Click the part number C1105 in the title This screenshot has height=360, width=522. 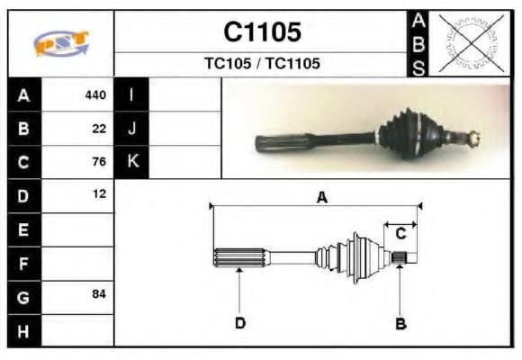(x=262, y=31)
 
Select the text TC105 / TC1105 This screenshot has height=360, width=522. (x=262, y=64)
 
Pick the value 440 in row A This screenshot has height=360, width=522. (x=94, y=95)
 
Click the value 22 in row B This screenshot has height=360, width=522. (x=99, y=129)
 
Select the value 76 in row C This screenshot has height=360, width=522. (x=99, y=162)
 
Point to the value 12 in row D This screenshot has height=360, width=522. (x=99, y=194)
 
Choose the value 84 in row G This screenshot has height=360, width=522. (x=99, y=294)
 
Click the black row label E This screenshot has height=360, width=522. (x=24, y=230)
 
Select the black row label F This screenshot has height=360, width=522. (x=24, y=263)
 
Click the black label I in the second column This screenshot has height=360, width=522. (x=131, y=95)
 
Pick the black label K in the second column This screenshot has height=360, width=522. (x=131, y=162)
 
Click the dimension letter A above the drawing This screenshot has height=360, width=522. (x=321, y=198)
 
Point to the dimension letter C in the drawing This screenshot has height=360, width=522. (x=401, y=233)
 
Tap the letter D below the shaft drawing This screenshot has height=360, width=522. (x=240, y=322)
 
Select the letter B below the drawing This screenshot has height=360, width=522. (x=400, y=322)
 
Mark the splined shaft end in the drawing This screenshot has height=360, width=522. (x=239, y=256)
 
